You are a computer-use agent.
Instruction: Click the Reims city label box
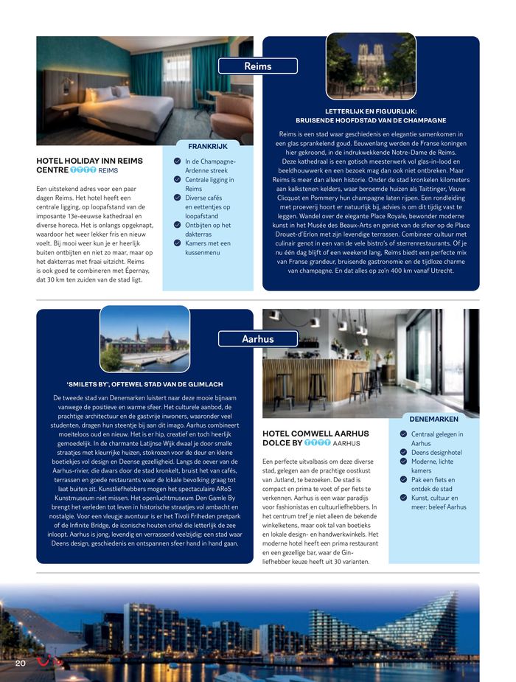pos(258,66)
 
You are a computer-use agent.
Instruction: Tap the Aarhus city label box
pos(258,339)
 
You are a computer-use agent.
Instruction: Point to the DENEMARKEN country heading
pos(435,419)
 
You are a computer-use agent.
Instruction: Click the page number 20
pos(21,664)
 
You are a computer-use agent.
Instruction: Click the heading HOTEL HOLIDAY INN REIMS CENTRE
pos(89,164)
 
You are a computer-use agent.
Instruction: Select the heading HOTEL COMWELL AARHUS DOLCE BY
pos(315,438)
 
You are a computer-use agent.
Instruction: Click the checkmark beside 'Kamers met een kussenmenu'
pos(177,243)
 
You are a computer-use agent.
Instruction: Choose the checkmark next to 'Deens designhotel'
pos(403,453)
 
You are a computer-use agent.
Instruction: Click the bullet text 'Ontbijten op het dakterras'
pos(209,230)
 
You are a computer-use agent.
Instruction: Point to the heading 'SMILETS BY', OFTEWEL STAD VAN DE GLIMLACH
pos(144,384)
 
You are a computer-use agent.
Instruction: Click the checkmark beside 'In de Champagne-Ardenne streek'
pos(177,161)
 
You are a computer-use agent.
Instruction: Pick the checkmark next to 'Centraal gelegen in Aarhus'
pos(403,435)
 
